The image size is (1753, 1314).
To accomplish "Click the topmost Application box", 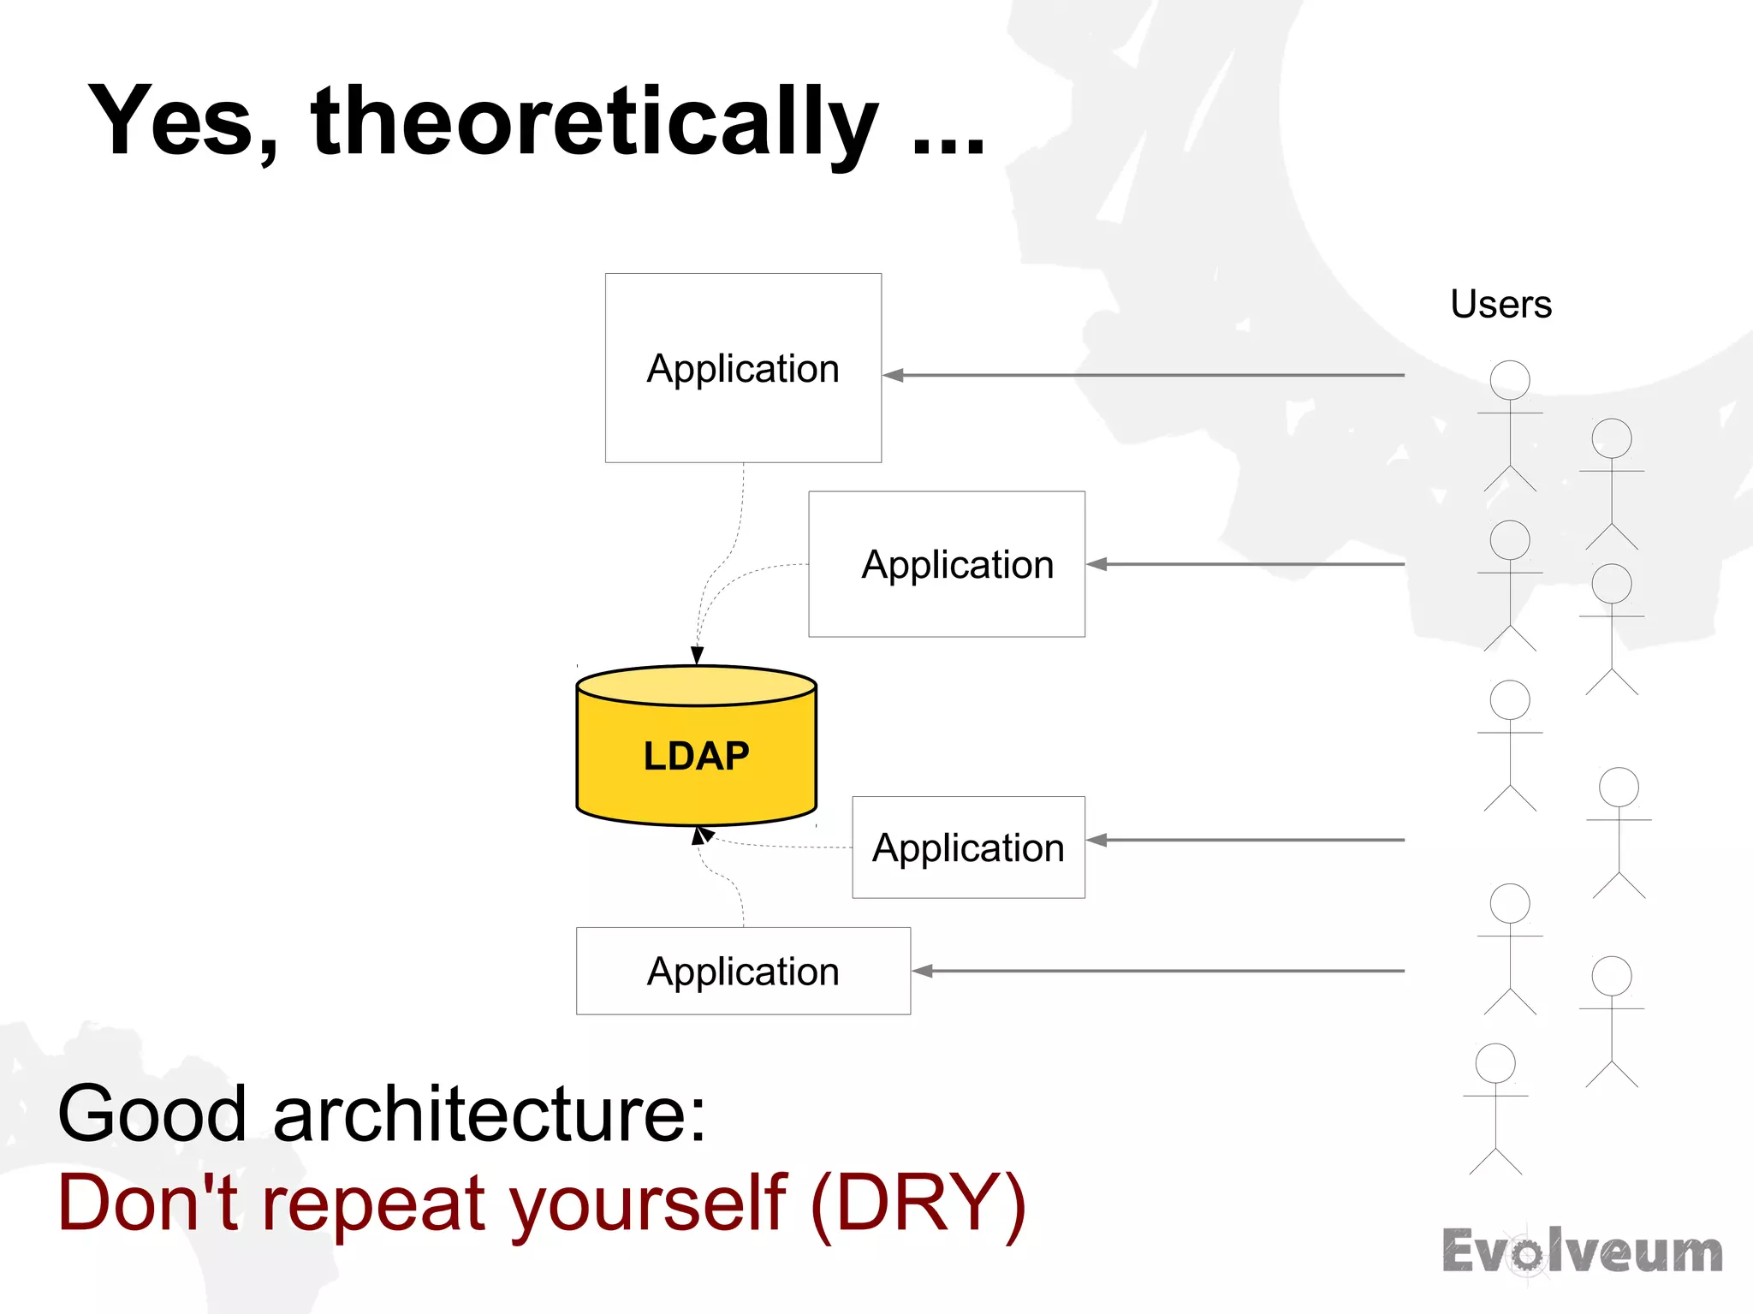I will coord(743,368).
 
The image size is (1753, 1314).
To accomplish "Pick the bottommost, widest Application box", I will coord(743,971).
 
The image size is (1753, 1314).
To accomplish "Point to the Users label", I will coord(1500,304).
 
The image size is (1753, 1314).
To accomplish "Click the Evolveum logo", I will coord(1582,1252).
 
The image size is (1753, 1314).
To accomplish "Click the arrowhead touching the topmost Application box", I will coord(893,375).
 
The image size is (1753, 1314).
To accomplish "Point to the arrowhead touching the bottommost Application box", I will coord(922,971).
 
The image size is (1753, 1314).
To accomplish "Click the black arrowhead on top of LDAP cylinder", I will coord(698,655).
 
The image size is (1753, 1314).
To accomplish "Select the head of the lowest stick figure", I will coord(1495,1063).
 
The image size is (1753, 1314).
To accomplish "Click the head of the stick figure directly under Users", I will coord(1510,380).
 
